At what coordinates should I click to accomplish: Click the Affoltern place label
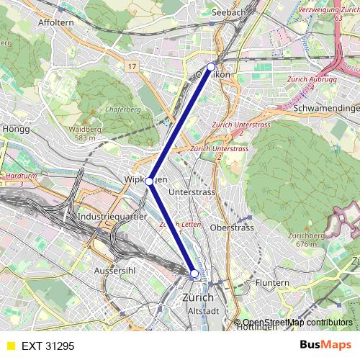pyautogui.click(x=56, y=22)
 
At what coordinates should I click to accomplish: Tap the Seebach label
pyautogui.click(x=230, y=12)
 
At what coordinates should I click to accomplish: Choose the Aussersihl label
pyautogui.click(x=115, y=270)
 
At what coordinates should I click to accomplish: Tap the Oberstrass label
pyautogui.click(x=232, y=228)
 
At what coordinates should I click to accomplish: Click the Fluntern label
pyautogui.click(x=272, y=283)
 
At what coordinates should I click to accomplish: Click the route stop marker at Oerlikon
pyautogui.click(x=211, y=67)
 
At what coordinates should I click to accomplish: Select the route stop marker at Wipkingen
pyautogui.click(x=149, y=182)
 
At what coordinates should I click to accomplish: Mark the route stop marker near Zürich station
pyautogui.click(x=194, y=274)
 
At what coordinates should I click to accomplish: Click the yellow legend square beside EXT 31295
pyautogui.click(x=10, y=346)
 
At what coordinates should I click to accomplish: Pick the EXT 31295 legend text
pyautogui.click(x=48, y=346)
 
